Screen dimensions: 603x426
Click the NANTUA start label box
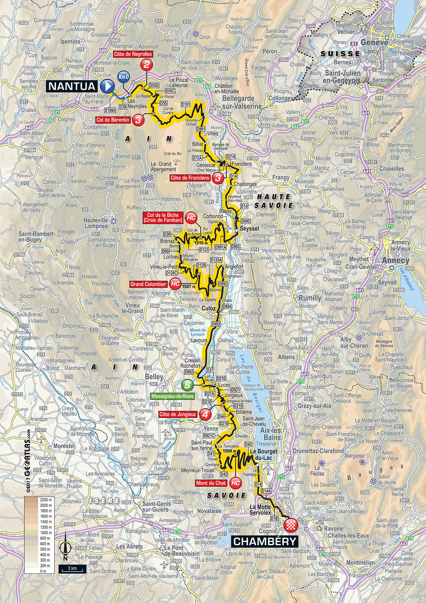point(71,85)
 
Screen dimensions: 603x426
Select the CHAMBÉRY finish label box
point(265,541)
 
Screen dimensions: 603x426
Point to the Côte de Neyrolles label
point(133,54)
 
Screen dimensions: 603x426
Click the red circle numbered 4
point(205,415)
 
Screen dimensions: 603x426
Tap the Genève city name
point(374,43)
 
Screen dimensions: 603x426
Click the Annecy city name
point(396,260)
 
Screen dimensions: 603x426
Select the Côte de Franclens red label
point(190,178)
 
